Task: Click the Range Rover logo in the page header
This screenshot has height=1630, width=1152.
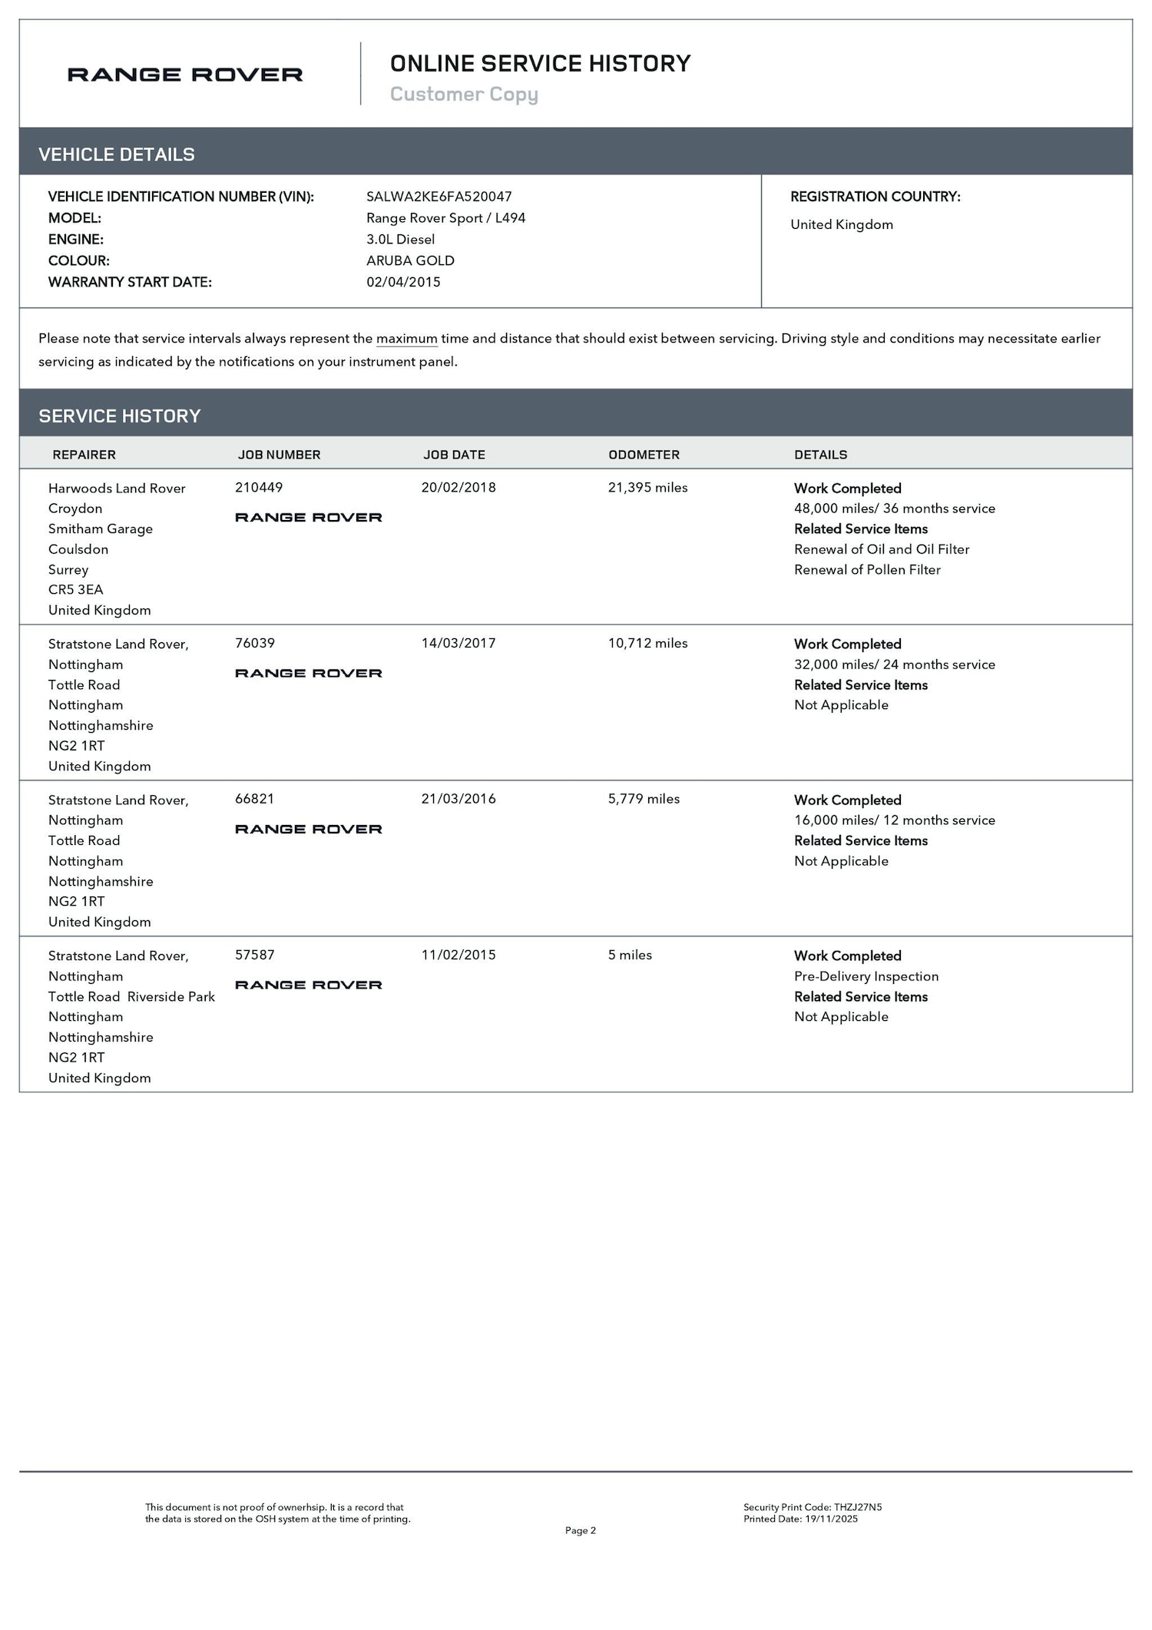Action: tap(185, 75)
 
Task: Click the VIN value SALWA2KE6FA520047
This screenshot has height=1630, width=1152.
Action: tap(439, 197)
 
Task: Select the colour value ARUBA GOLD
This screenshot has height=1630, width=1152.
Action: tap(410, 260)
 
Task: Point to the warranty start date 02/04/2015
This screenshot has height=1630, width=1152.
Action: tap(403, 282)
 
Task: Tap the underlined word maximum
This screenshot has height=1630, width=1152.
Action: tap(406, 339)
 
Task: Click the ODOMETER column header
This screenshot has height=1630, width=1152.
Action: tap(644, 455)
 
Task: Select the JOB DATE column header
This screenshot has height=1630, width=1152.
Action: tap(454, 455)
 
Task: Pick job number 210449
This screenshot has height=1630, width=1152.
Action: tap(259, 487)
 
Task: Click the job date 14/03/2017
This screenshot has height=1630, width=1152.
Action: tap(458, 643)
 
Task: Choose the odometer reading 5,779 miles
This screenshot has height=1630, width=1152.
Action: tap(644, 799)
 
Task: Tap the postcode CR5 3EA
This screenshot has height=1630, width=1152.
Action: tap(75, 589)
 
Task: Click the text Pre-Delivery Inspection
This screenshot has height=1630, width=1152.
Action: tap(866, 976)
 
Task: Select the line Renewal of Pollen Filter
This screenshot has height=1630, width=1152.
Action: tap(867, 569)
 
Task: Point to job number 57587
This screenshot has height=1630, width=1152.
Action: tap(255, 955)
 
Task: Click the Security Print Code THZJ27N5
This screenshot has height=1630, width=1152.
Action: tap(813, 1507)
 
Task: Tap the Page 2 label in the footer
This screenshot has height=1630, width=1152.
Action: tap(580, 1530)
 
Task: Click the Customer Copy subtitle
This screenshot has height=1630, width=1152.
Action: tap(464, 94)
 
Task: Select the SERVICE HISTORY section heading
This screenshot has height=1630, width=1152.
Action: tap(120, 416)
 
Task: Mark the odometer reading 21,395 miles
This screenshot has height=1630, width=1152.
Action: tap(647, 487)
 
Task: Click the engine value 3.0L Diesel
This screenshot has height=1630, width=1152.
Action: tap(400, 239)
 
